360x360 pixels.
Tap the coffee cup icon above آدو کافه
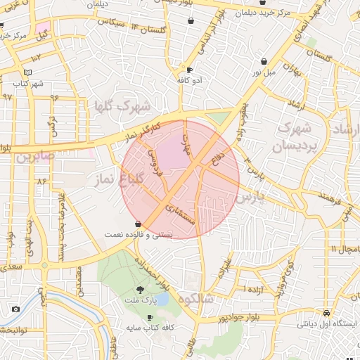click(x=189, y=70)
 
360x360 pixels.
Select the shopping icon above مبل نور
click(x=264, y=61)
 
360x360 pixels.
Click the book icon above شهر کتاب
click(x=27, y=72)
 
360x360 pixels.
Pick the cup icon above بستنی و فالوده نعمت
click(x=138, y=224)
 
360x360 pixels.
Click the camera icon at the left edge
click(x=15, y=309)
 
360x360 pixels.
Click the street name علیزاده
click(x=226, y=267)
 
